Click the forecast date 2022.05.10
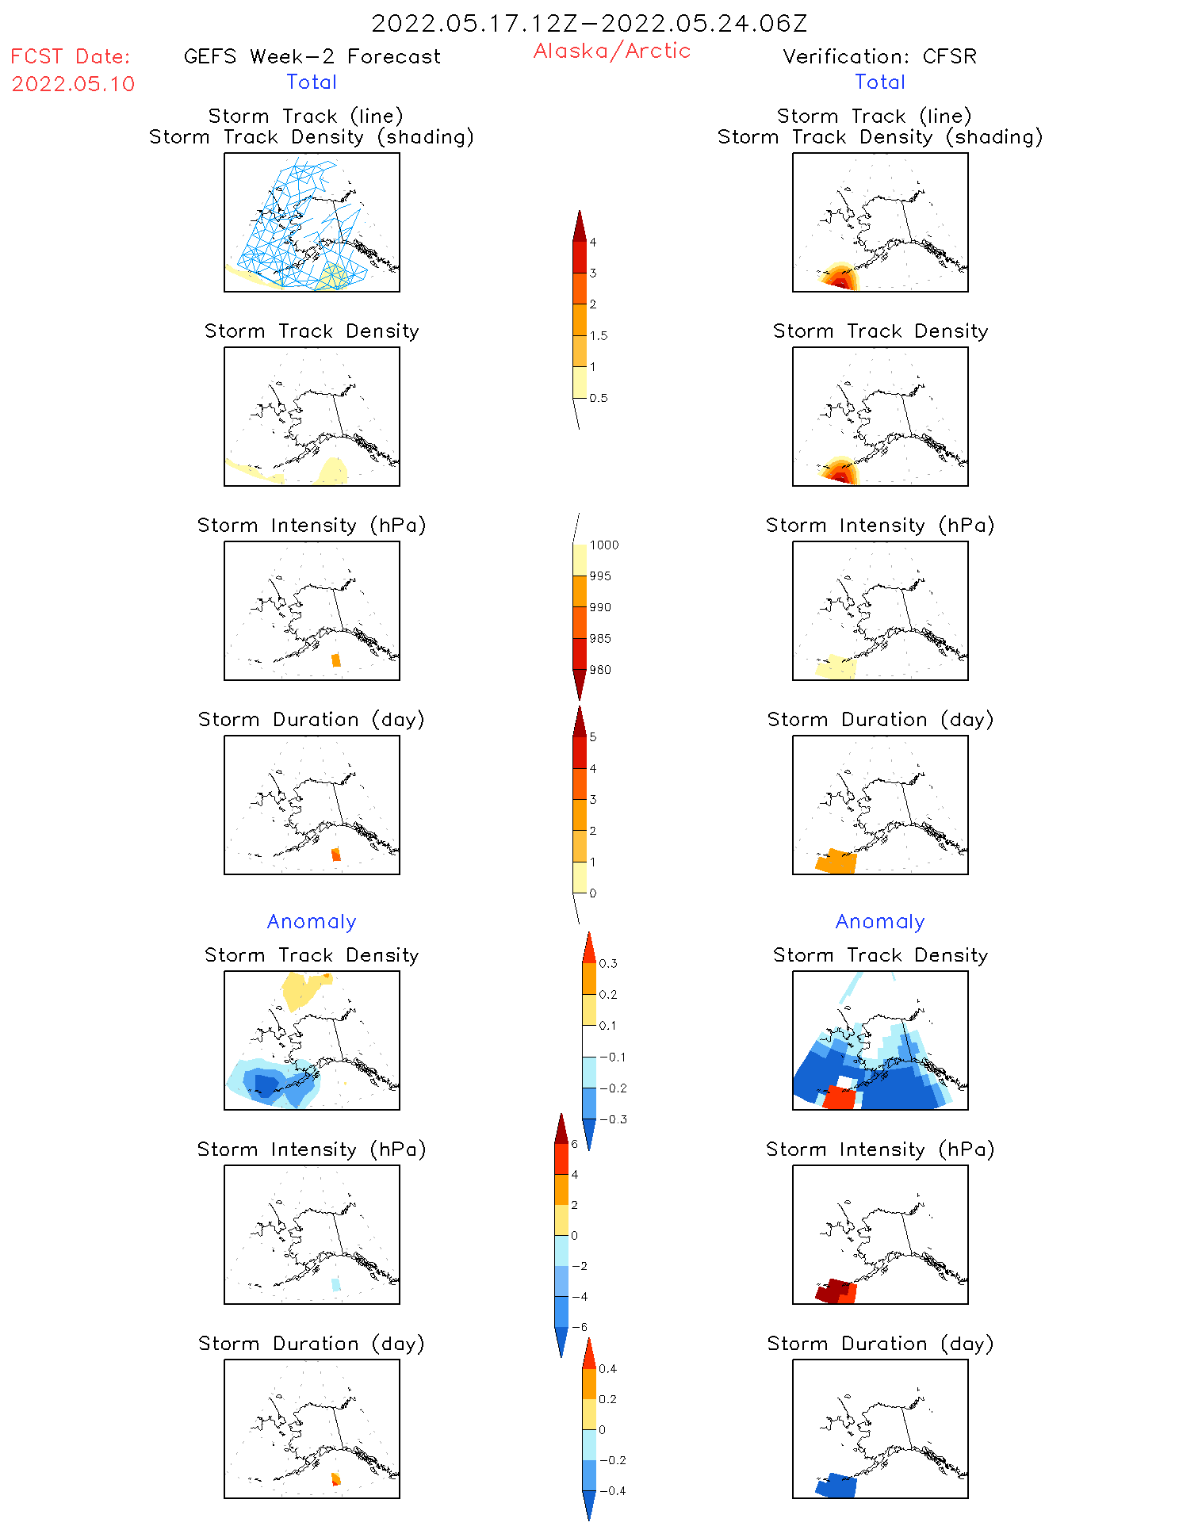coord(73,84)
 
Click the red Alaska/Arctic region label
coord(611,51)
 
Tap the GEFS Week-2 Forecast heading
coord(312,56)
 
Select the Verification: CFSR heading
coord(879,56)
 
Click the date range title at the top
coord(589,23)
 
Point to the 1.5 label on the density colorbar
coord(599,335)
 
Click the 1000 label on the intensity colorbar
coord(603,545)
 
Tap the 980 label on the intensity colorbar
coord(600,670)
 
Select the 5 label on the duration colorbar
coord(593,737)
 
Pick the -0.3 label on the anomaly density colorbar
coord(612,1119)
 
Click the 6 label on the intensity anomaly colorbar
coord(575,1144)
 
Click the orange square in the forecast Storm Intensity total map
coord(336,660)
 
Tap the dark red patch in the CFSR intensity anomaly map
coord(833,1290)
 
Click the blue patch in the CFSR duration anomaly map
coord(836,1485)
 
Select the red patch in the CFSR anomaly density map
coord(839,1099)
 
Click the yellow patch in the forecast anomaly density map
coord(300,989)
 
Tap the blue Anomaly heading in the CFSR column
coord(879,921)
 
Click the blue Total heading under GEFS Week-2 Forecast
coord(312,82)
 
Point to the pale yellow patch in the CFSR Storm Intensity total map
coord(836,667)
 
